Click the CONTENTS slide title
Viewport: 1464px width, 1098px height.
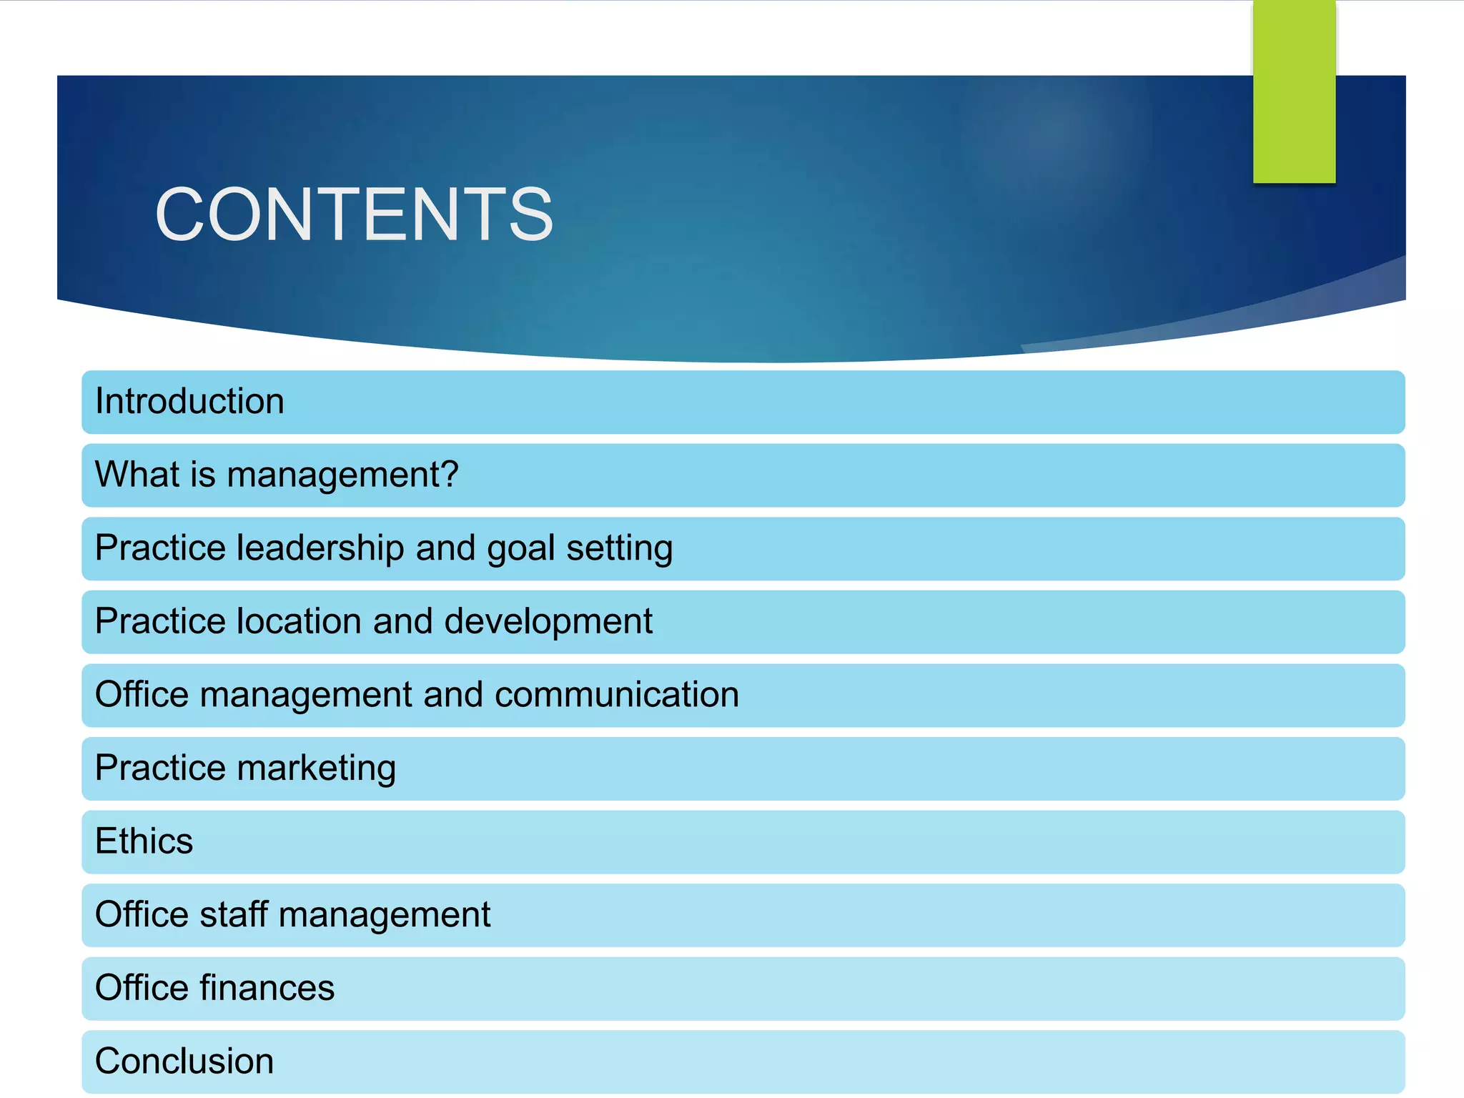[x=354, y=214]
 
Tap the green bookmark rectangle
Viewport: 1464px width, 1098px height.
[x=1294, y=91]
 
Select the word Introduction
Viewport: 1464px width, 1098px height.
[x=189, y=401]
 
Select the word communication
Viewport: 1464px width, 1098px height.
[x=616, y=695]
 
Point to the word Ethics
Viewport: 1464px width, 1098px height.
[x=144, y=841]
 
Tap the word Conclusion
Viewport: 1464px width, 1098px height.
[x=184, y=1061]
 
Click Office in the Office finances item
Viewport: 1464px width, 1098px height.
[x=142, y=988]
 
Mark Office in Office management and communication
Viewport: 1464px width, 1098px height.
[x=142, y=695]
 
